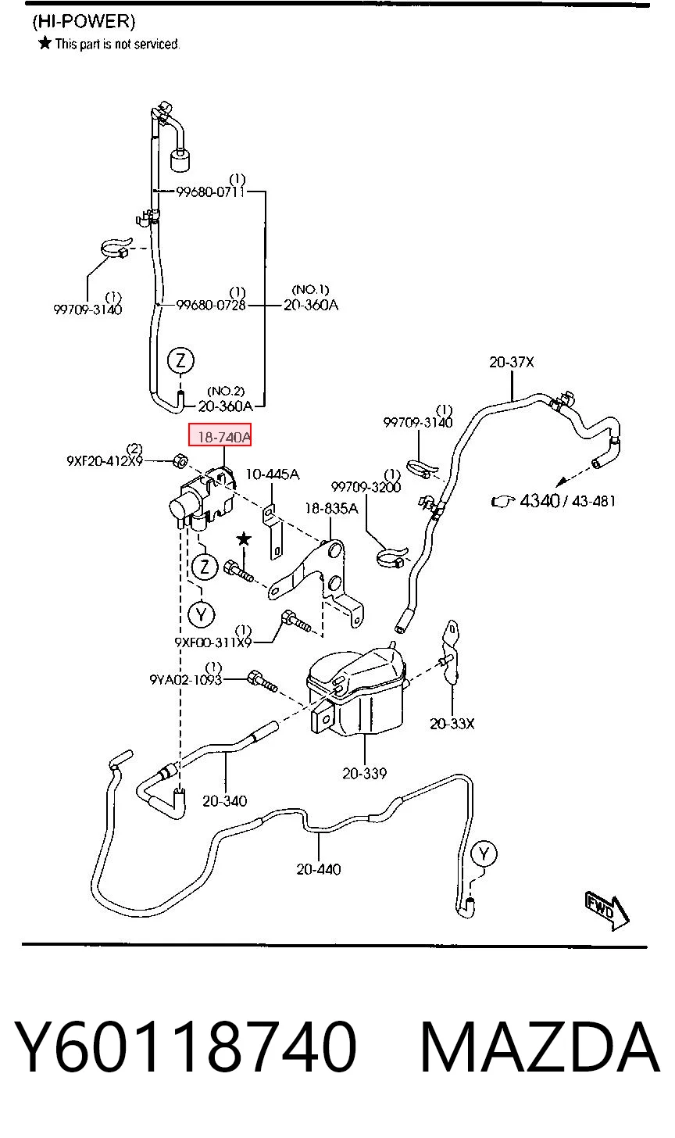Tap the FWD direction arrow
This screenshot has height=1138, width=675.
pyautogui.click(x=607, y=910)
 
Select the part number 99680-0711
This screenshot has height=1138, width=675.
pyautogui.click(x=210, y=192)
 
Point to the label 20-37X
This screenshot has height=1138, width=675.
pyautogui.click(x=512, y=362)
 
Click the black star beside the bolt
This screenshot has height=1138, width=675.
pyautogui.click(x=245, y=539)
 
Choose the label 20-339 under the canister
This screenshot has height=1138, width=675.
pyautogui.click(x=364, y=773)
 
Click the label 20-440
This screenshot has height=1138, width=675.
pyautogui.click(x=319, y=869)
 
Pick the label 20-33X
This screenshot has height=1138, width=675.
pyautogui.click(x=452, y=724)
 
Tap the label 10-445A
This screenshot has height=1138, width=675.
pyautogui.click(x=273, y=474)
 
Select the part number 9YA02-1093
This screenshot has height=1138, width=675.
pyautogui.click(x=186, y=679)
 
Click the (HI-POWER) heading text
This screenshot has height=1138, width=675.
pyautogui.click(x=84, y=21)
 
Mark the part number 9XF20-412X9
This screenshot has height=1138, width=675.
pyautogui.click(x=105, y=461)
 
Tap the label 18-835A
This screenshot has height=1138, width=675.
pyautogui.click(x=332, y=508)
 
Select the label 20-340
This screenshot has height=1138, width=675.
pyautogui.click(x=224, y=801)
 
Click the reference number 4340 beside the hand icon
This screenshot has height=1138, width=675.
pyautogui.click(x=539, y=501)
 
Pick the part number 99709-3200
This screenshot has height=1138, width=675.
pyautogui.click(x=366, y=487)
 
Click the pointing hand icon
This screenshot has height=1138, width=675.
pyautogui.click(x=503, y=502)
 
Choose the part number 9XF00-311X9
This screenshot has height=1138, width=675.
pyautogui.click(x=213, y=642)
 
